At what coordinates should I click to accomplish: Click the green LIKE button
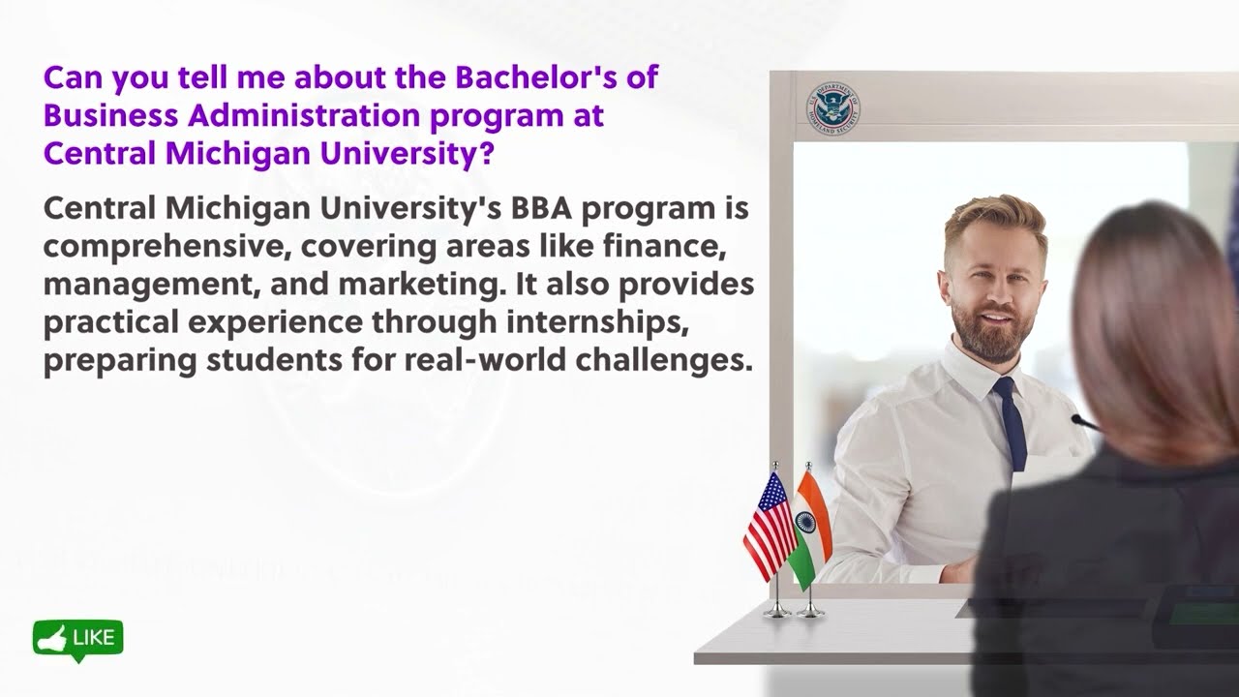point(78,639)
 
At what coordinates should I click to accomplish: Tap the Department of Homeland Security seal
point(832,108)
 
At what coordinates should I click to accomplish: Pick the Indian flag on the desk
point(809,528)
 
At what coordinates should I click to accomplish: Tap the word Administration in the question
point(305,115)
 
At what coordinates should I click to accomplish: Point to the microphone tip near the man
point(1077,419)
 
